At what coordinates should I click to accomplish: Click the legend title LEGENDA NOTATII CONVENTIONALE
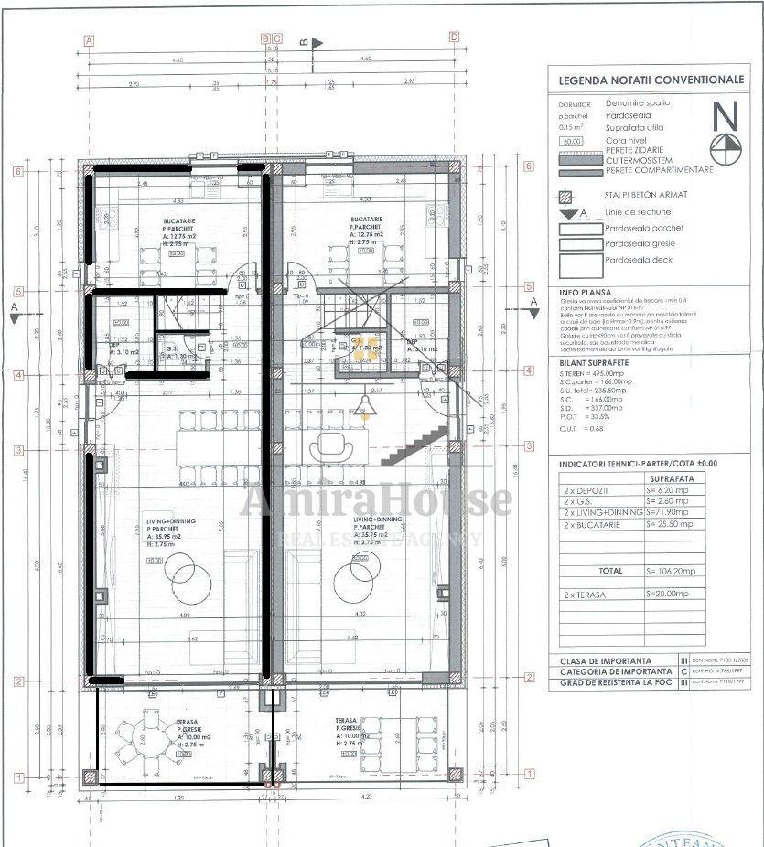[x=651, y=80]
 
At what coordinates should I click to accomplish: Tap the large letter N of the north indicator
[x=726, y=116]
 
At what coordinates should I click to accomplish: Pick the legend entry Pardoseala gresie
[x=641, y=244]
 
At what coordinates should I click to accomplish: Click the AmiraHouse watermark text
[x=375, y=501]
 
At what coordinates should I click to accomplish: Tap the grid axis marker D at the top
[x=454, y=38]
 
